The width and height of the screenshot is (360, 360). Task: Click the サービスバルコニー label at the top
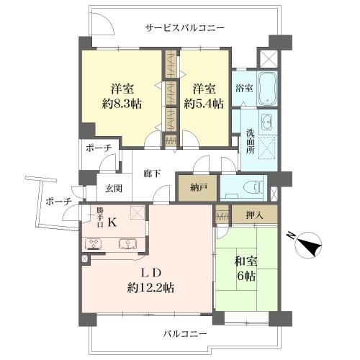point(184,28)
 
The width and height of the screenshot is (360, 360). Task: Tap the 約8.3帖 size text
point(122,104)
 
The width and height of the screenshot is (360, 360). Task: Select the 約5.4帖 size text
point(204,104)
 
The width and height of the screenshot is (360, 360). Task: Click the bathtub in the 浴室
point(267,89)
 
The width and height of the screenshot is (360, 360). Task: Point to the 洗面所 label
point(250,141)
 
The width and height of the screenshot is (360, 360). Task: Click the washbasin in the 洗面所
point(267,122)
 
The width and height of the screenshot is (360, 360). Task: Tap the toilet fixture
point(253,186)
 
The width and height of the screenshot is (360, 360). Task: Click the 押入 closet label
point(254,215)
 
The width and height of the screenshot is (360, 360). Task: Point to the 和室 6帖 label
point(246,269)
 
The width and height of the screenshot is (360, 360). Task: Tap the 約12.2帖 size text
point(150,287)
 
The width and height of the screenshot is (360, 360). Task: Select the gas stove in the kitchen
point(93,244)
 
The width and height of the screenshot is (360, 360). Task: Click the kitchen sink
point(128,243)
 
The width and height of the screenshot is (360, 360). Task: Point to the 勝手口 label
point(100,217)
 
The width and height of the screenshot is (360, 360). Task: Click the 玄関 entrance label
point(114,189)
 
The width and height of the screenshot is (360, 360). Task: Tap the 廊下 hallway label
point(152,174)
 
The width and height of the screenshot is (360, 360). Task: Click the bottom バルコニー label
point(185,333)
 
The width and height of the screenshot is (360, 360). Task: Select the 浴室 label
point(244,88)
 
